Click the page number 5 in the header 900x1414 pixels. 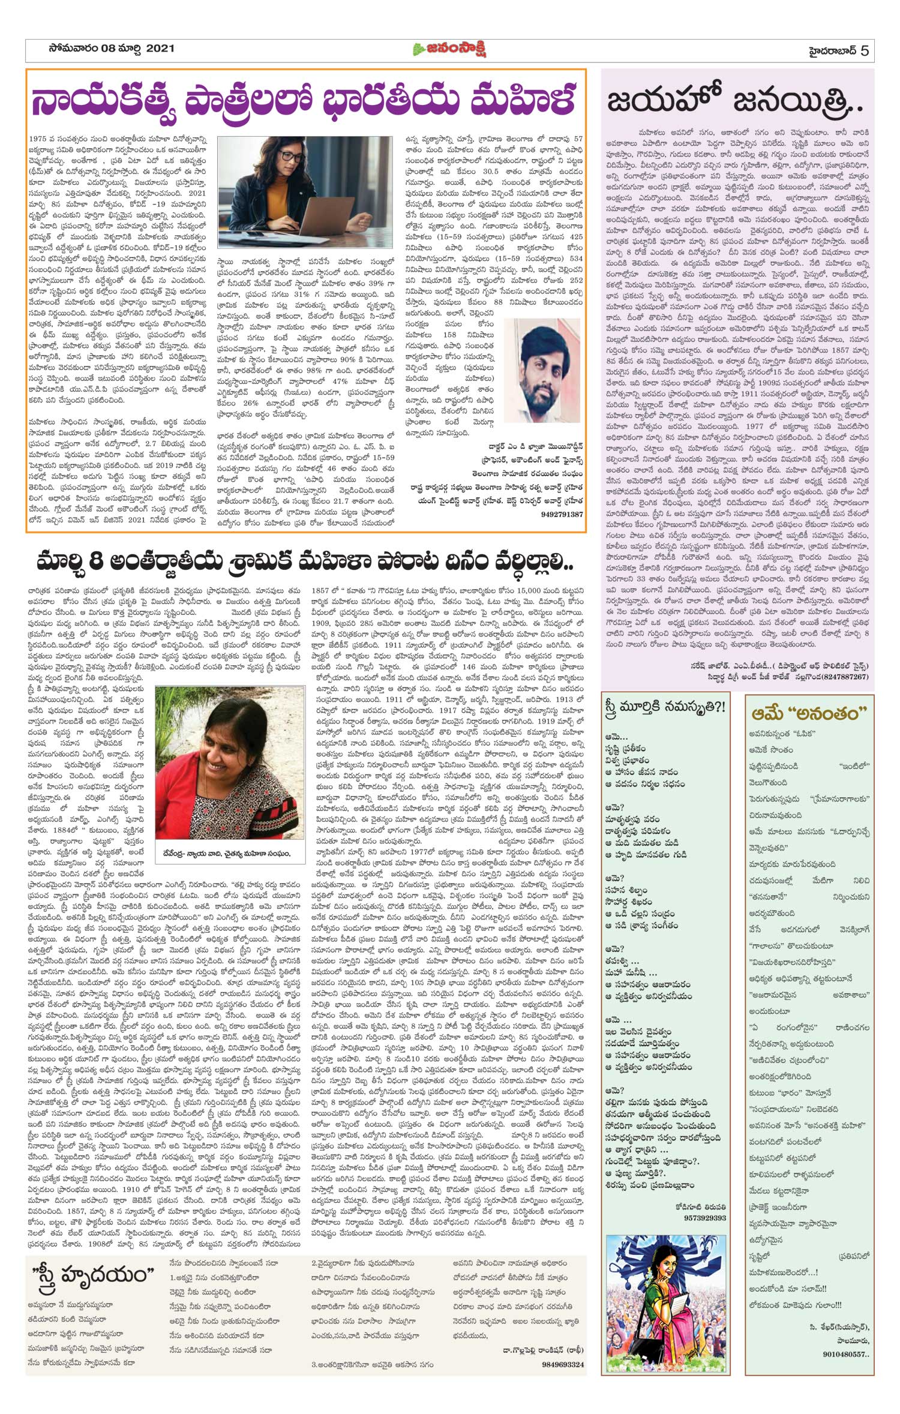(865, 50)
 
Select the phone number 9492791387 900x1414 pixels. (562, 514)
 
